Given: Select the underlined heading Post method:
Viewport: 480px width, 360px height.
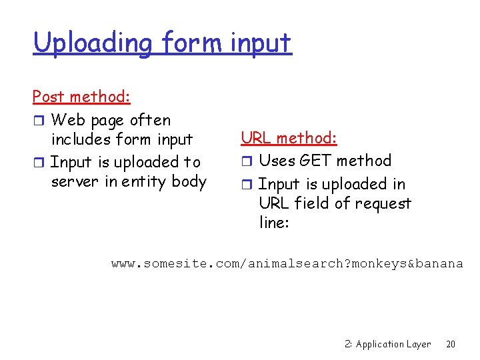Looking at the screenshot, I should (81, 97).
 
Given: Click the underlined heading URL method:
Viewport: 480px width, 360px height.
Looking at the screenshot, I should (289, 138).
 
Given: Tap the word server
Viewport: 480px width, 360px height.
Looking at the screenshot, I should (74, 181).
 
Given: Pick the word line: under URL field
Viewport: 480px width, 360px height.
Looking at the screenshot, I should (274, 223).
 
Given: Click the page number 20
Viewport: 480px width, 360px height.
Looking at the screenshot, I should (451, 344).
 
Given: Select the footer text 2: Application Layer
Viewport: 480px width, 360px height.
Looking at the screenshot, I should (388, 344).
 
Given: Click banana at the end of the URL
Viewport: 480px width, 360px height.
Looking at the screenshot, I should (439, 263).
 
